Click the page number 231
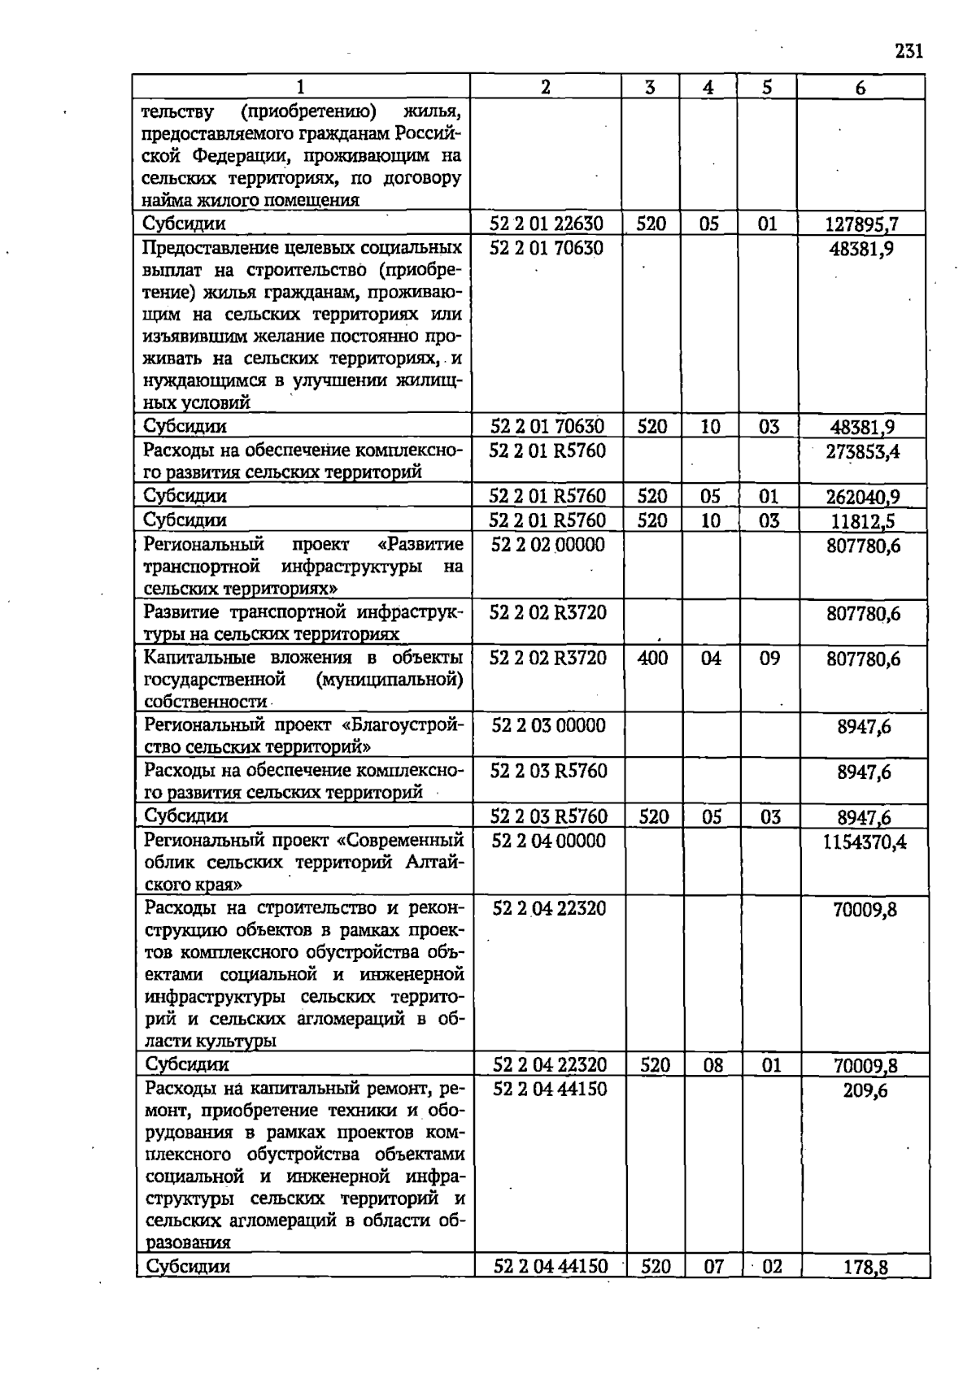coord(908,52)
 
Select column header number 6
coord(861,87)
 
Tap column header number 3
coord(650,87)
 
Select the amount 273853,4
coord(863,451)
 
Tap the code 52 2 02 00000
coord(548,545)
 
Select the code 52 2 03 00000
coord(548,725)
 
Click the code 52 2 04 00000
coord(549,842)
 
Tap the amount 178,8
coord(865,1267)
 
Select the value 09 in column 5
coord(769,659)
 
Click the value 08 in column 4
coord(712,1065)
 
